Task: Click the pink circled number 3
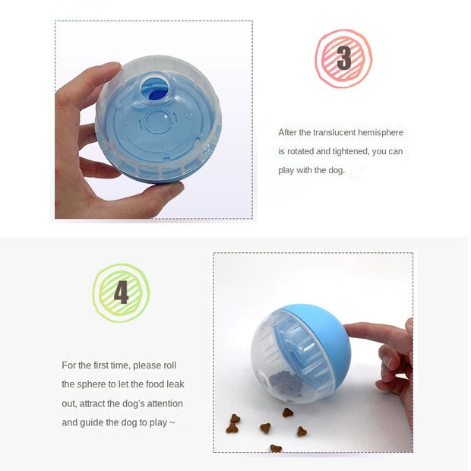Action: [x=343, y=58]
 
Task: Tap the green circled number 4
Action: [x=121, y=292]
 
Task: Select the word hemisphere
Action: [x=383, y=133]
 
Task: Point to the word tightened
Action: [x=349, y=152]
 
